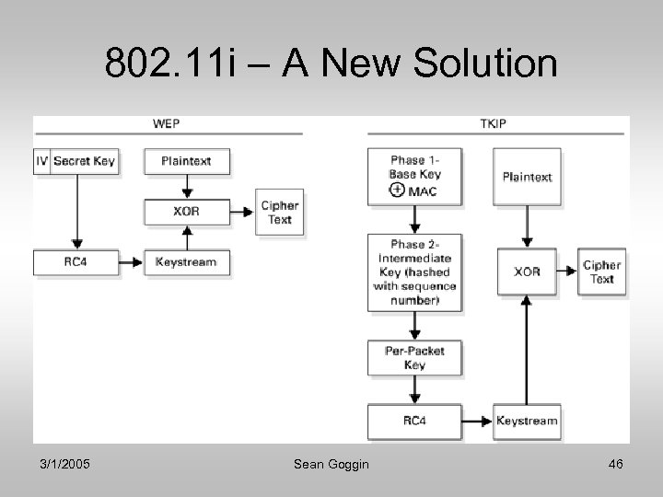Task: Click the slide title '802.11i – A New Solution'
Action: tap(331, 64)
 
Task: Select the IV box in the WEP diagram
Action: tap(41, 161)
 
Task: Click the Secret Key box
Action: tap(84, 161)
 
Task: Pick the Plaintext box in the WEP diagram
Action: tap(187, 161)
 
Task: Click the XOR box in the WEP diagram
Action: tap(187, 212)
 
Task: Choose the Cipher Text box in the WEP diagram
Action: tap(279, 213)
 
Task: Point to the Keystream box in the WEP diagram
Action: tap(187, 262)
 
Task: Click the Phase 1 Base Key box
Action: tap(414, 175)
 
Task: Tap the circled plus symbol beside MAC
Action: tap(397, 190)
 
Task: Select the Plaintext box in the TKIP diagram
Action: tap(527, 177)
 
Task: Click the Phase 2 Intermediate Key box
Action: tap(414, 272)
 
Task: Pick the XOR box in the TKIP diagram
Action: tap(527, 272)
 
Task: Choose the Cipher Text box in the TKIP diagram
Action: tap(601, 272)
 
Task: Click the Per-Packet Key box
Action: tap(414, 358)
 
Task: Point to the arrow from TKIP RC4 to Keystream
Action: tap(476, 422)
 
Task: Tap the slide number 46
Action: tap(614, 465)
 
